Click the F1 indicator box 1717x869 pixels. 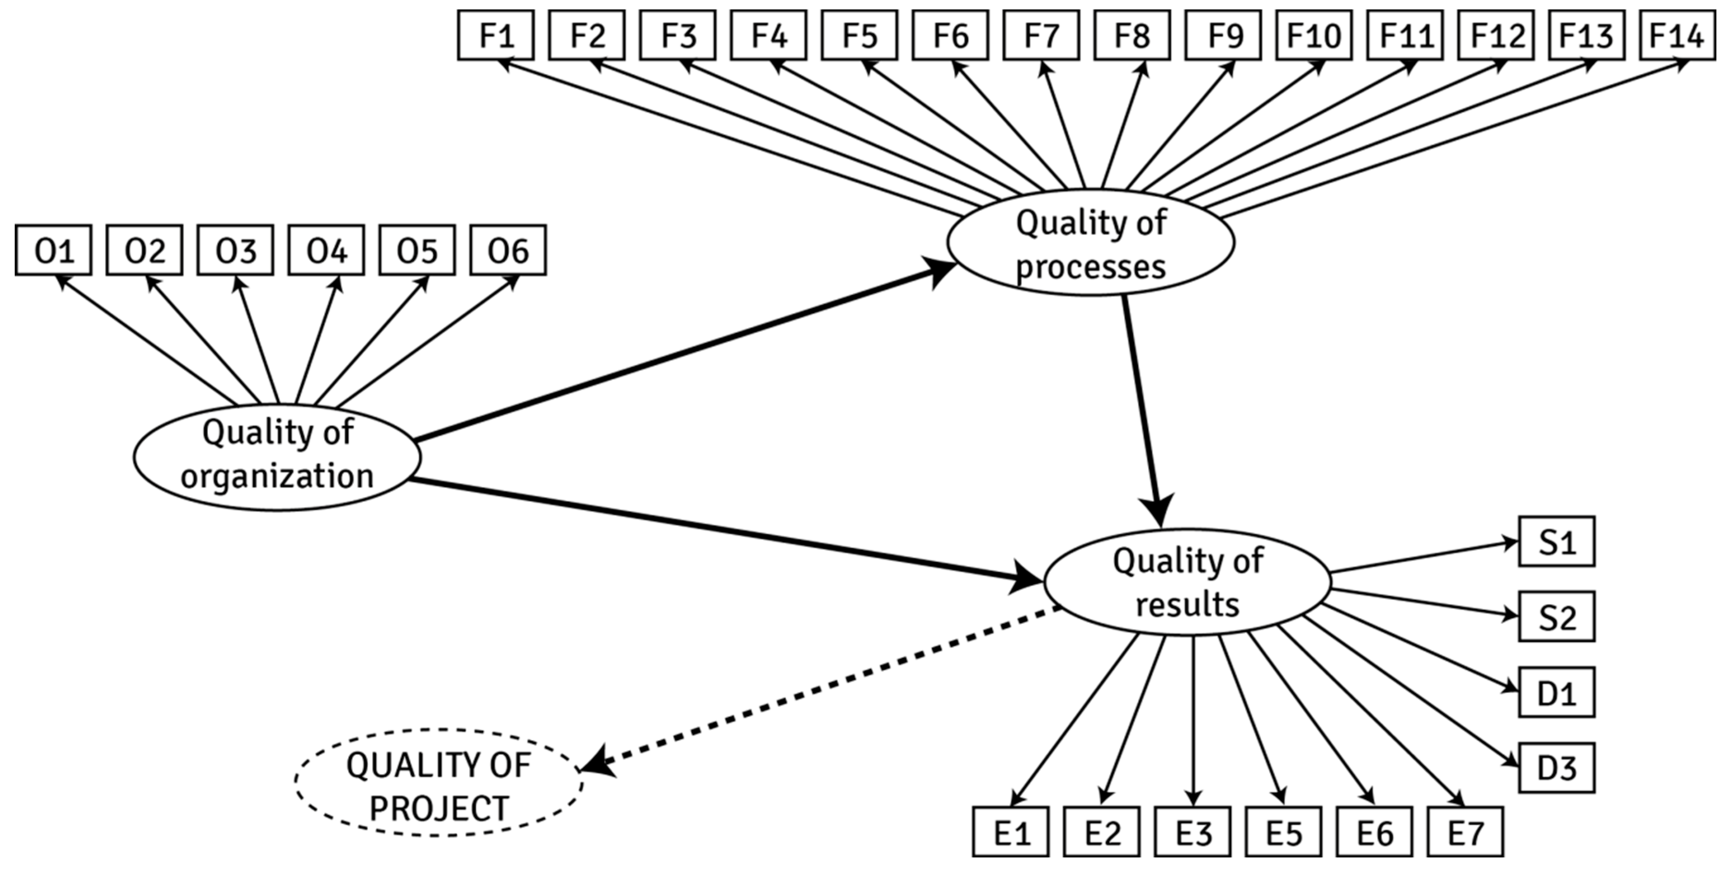pos(496,35)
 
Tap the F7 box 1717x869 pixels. pos(1041,35)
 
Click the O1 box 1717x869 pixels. pos(53,250)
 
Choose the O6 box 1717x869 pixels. pos(508,250)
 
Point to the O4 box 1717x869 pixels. pos(326,250)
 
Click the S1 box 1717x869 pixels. pos(1557,541)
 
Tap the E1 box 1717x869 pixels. pos(1010,832)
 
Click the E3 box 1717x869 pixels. pos(1192,832)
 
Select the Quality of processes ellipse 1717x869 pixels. pos(1090,243)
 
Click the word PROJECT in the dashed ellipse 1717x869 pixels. pos(439,809)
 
